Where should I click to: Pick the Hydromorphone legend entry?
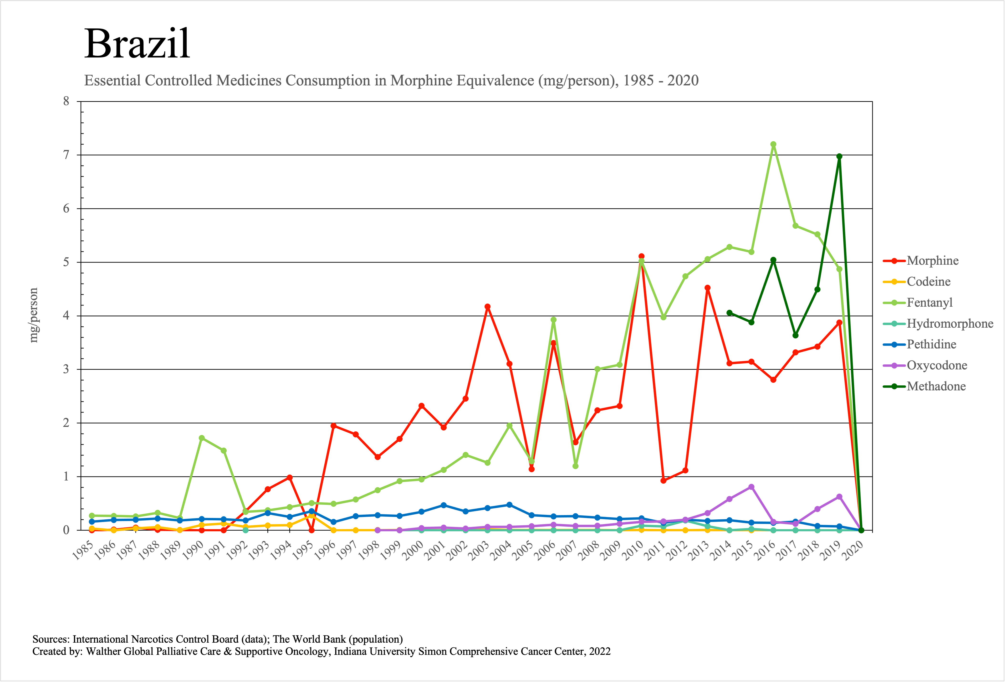(x=950, y=323)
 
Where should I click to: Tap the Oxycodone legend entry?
(x=937, y=366)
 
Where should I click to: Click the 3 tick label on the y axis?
(x=66, y=369)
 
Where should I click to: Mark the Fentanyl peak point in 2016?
(x=773, y=144)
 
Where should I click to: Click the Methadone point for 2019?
(x=839, y=156)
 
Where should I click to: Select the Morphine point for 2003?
(x=487, y=307)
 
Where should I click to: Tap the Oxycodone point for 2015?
(x=751, y=487)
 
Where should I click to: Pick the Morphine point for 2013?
(x=707, y=288)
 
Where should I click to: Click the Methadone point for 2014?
(x=729, y=313)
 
